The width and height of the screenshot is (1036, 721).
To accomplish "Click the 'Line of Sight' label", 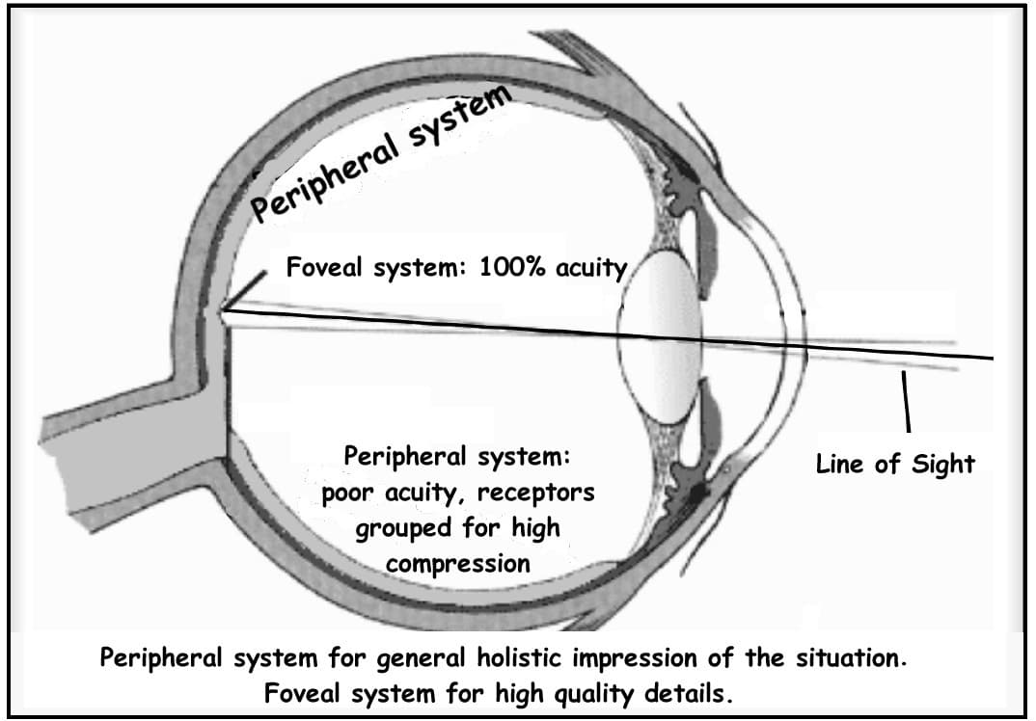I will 895,464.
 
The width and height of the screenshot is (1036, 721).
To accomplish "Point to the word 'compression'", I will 458,563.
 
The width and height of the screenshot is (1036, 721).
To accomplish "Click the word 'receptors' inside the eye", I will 535,494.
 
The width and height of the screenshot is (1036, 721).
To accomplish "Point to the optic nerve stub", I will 106,443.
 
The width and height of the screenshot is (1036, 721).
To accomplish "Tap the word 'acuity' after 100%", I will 591,267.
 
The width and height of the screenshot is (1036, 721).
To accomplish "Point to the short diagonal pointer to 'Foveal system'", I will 246,289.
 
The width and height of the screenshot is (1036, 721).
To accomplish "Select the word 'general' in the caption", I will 421,660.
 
